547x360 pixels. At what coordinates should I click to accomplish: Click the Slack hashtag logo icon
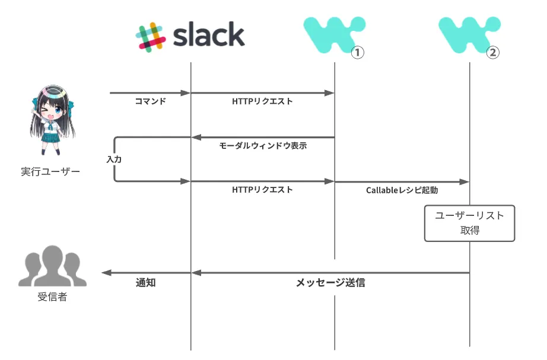(x=150, y=36)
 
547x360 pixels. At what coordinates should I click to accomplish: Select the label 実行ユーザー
(x=50, y=172)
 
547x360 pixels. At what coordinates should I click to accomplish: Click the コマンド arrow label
(x=150, y=101)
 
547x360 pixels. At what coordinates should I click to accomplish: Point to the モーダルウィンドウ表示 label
(x=263, y=146)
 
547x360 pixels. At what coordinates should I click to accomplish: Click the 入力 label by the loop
(x=114, y=160)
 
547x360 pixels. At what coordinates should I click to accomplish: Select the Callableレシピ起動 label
(x=402, y=190)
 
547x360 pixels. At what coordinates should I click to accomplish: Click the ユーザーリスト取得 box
(x=469, y=223)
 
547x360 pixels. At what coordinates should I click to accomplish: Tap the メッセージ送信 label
(x=330, y=283)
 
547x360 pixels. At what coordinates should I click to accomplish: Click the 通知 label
(x=146, y=283)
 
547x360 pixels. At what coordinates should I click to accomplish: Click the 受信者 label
(x=52, y=297)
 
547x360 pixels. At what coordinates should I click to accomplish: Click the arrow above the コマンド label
(x=150, y=93)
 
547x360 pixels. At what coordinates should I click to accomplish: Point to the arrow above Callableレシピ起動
(x=402, y=181)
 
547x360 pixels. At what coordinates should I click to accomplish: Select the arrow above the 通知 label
(x=146, y=273)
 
